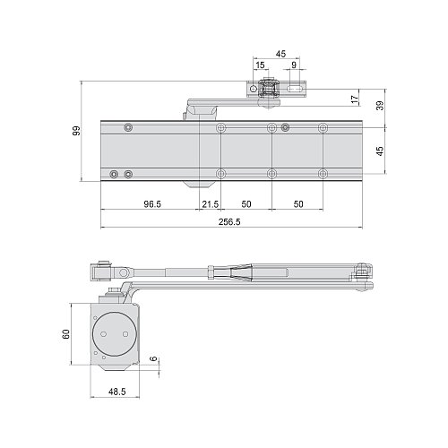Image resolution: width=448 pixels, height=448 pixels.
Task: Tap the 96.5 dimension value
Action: tap(151, 204)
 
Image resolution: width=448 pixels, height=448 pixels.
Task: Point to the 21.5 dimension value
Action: tap(211, 204)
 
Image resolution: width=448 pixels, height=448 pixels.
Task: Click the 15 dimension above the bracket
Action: tap(260, 65)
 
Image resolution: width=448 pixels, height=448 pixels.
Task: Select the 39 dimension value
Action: tap(380, 106)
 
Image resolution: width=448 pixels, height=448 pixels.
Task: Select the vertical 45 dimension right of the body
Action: tap(380, 151)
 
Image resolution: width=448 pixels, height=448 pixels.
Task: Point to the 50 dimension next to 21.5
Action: tap(246, 204)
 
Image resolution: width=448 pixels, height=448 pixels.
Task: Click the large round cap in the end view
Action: tap(114, 332)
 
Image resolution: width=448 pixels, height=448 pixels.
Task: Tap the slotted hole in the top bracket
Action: tap(292, 90)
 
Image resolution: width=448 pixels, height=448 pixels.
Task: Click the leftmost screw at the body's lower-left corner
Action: tap(114, 173)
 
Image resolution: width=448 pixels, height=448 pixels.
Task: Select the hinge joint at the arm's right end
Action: tap(362, 277)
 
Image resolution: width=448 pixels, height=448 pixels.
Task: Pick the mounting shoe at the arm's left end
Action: tap(100, 271)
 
